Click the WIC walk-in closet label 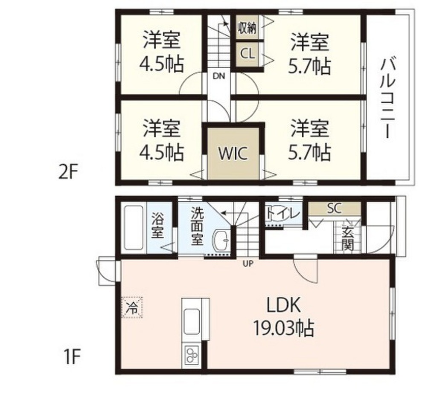[233, 154]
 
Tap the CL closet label [248, 54]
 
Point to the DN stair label [218, 77]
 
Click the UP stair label [248, 263]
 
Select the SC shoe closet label [335, 208]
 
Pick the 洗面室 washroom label [197, 226]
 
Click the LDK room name [284, 305]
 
